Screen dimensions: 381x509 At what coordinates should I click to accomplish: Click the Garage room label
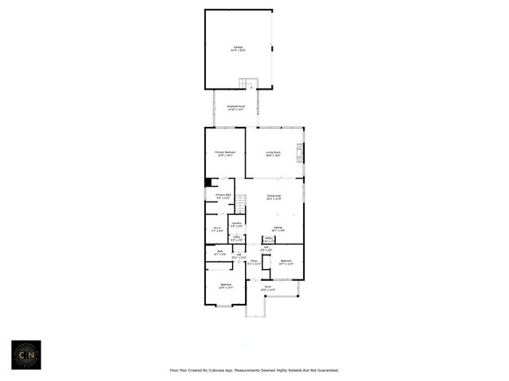point(238,48)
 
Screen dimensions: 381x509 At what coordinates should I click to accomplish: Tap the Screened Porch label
point(236,107)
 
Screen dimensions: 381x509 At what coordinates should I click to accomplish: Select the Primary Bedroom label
point(224,154)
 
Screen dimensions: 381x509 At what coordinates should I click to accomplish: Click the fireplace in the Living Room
point(300,152)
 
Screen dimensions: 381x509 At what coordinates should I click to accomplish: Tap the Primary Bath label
point(223,196)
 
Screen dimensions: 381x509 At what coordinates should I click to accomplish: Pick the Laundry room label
point(236,225)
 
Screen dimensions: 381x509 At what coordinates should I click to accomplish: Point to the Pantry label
point(269,239)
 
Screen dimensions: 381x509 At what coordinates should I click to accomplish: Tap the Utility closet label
point(236,238)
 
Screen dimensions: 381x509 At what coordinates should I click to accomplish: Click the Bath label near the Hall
point(220,252)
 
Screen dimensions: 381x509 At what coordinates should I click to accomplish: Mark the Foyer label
point(254,262)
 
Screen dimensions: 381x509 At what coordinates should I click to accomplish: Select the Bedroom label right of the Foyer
point(286,262)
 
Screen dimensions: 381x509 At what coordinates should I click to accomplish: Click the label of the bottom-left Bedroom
point(225,287)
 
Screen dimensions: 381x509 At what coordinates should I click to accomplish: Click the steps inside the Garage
point(250,84)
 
